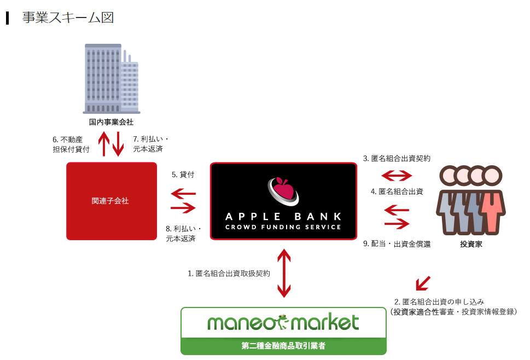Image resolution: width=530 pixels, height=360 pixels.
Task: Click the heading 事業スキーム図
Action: (67, 18)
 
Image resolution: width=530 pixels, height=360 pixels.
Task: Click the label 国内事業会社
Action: (111, 121)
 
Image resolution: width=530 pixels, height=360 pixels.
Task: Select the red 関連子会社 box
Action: (111, 201)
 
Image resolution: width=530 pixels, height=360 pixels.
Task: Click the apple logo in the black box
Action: (283, 189)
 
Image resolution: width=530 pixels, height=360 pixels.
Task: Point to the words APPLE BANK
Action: (283, 216)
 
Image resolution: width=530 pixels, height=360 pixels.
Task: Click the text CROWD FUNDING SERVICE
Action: (283, 227)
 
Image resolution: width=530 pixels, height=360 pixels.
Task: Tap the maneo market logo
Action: (283, 323)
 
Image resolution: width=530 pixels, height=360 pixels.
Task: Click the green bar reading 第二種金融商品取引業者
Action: (283, 346)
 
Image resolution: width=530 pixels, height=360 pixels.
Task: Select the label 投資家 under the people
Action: (471, 244)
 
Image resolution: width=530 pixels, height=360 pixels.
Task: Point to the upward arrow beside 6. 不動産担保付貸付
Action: (104, 143)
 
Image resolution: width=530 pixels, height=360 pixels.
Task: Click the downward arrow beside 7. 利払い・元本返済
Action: (118, 143)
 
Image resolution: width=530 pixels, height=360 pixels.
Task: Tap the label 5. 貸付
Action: (183, 175)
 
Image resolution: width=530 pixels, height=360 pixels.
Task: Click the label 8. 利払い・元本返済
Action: (184, 233)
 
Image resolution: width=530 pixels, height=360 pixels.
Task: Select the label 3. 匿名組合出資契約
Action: (397, 159)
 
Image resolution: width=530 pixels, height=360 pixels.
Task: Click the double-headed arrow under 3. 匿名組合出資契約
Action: (397, 176)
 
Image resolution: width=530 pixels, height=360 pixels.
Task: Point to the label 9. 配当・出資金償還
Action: (397, 244)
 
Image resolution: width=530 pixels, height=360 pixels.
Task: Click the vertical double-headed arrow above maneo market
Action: (283, 273)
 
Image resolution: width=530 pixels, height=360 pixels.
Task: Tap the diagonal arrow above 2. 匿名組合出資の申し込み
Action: (423, 283)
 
